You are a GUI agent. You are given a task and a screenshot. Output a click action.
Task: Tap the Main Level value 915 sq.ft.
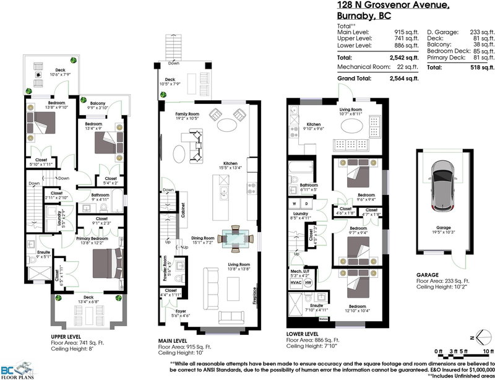pos(405,30)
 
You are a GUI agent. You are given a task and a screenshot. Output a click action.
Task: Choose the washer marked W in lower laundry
pos(294,202)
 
